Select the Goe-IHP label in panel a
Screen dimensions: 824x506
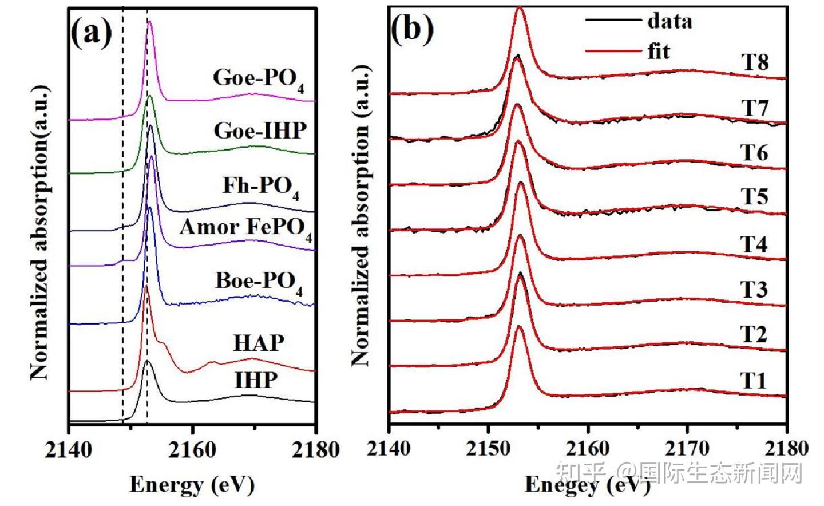click(260, 131)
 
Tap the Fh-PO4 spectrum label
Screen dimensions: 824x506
click(261, 188)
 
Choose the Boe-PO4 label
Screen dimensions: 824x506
click(259, 283)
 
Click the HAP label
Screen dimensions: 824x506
click(259, 343)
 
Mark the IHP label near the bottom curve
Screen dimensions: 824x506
click(256, 380)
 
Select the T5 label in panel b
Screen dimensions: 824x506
click(754, 196)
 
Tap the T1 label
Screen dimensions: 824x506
click(753, 380)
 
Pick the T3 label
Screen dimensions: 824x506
click(754, 290)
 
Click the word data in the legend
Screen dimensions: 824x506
click(670, 21)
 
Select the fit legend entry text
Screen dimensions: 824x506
click(659, 50)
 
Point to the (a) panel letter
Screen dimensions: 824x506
click(91, 33)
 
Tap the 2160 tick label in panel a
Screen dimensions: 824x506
click(192, 450)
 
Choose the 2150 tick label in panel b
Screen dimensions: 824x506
click(488, 449)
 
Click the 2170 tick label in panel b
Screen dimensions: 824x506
click(687, 449)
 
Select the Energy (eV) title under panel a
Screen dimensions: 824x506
click(192, 484)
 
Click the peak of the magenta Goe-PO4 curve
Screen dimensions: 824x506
click(149, 21)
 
